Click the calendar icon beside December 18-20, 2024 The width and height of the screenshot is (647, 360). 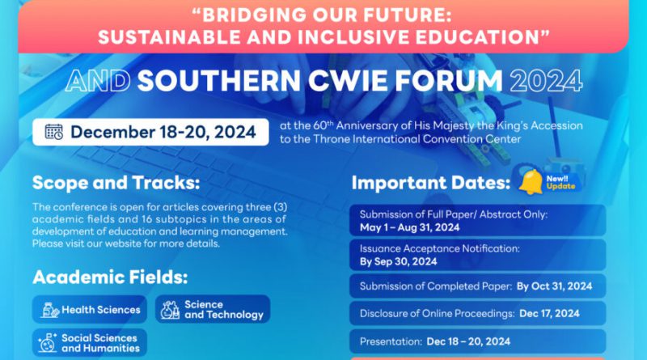pyautogui.click(x=54, y=132)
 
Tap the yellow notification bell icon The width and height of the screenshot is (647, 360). pyautogui.click(x=531, y=182)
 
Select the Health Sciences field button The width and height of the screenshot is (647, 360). pyautogui.click(x=90, y=309)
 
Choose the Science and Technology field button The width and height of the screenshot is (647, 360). pyautogui.click(x=213, y=309)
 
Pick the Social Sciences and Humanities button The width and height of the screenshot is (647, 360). pyautogui.click(x=90, y=343)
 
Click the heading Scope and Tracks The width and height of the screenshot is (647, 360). pyautogui.click(x=116, y=183)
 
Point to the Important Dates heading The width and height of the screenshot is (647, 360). pyautogui.click(x=431, y=183)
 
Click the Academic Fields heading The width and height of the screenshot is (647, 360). pyautogui.click(x=110, y=277)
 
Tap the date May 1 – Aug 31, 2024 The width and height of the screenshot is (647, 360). pyautogui.click(x=409, y=227)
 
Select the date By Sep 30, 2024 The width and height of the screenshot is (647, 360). pyautogui.click(x=398, y=261)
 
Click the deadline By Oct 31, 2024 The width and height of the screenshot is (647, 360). pyautogui.click(x=554, y=286)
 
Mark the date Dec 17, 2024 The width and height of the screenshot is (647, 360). pyautogui.click(x=549, y=313)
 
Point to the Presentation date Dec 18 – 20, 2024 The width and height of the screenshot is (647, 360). pyautogui.click(x=468, y=341)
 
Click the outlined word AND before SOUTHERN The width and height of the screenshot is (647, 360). pyautogui.click(x=98, y=81)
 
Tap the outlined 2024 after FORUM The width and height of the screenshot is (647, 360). pyautogui.click(x=546, y=81)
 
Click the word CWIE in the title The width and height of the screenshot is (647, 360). pyautogui.click(x=348, y=81)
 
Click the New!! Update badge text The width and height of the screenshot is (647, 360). pyautogui.click(x=560, y=183)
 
